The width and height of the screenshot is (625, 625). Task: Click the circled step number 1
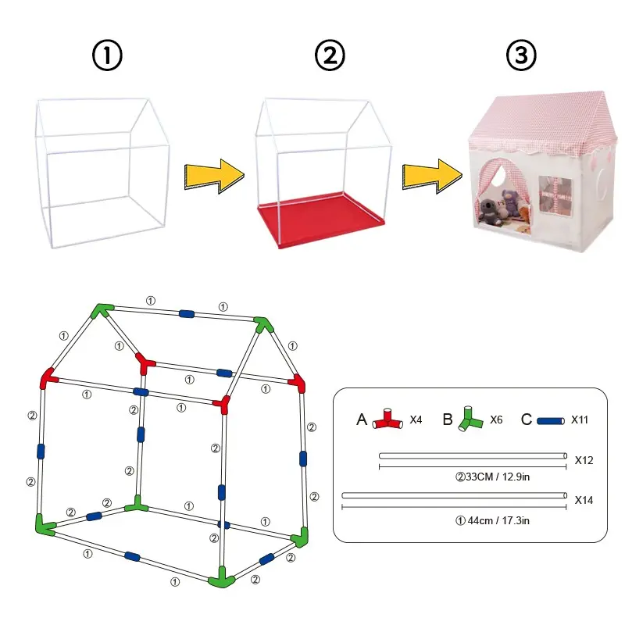pos(107,55)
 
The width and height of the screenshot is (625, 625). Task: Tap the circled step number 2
pos(330,55)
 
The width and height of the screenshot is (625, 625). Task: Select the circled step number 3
pos(521,55)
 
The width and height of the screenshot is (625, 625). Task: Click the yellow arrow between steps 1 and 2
pos(214,177)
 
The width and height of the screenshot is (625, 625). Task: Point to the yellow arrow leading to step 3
pos(432,177)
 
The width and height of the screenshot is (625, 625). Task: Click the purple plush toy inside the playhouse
pos(510,202)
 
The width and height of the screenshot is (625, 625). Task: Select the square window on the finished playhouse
pos(555,196)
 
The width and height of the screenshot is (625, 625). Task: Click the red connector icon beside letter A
pos(387,420)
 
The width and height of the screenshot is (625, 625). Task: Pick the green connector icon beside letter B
pos(470,419)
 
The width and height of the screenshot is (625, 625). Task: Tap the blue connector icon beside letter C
pos(551,421)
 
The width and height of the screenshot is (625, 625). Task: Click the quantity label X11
pos(580,420)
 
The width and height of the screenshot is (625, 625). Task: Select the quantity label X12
pos(584,460)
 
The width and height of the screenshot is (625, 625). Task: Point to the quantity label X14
pos(584,500)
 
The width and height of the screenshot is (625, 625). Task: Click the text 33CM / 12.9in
pos(498,477)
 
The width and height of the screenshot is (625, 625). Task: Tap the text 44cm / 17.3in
pos(498,520)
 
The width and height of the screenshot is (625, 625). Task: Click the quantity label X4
pos(416,420)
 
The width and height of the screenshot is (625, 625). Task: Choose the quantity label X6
pos(496,420)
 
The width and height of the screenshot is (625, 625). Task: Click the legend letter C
pos(526,420)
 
